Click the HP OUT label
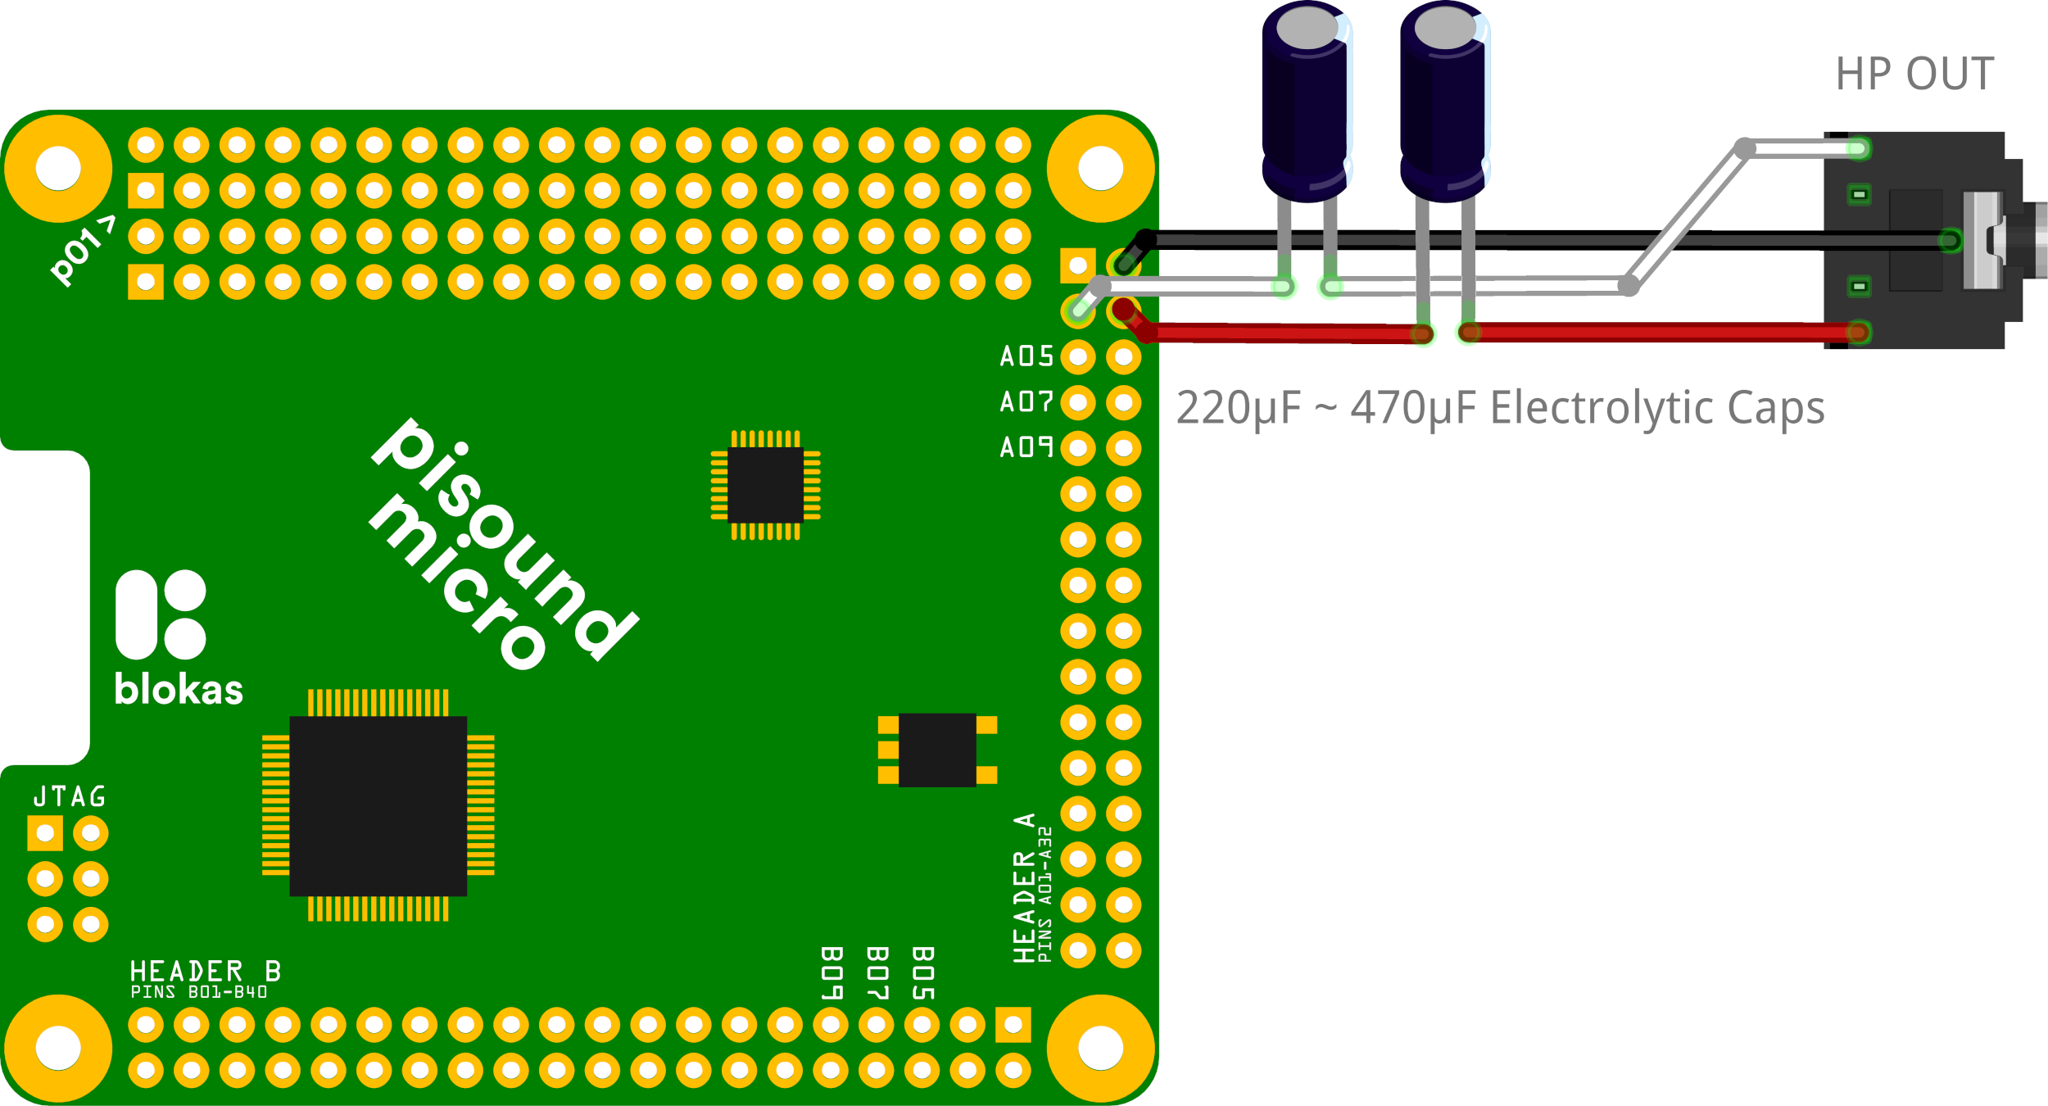coord(1914,74)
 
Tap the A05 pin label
coord(1026,356)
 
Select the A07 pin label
coord(1026,401)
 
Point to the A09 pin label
coord(1026,447)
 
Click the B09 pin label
coord(831,973)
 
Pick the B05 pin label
coord(923,973)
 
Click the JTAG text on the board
coord(70,796)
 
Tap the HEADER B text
coord(205,972)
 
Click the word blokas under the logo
coord(179,690)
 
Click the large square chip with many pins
coord(378,805)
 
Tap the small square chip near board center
coord(765,485)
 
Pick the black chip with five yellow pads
coord(937,750)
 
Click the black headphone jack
coord(1917,240)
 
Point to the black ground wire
coord(1556,240)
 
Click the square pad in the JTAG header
coord(45,834)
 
